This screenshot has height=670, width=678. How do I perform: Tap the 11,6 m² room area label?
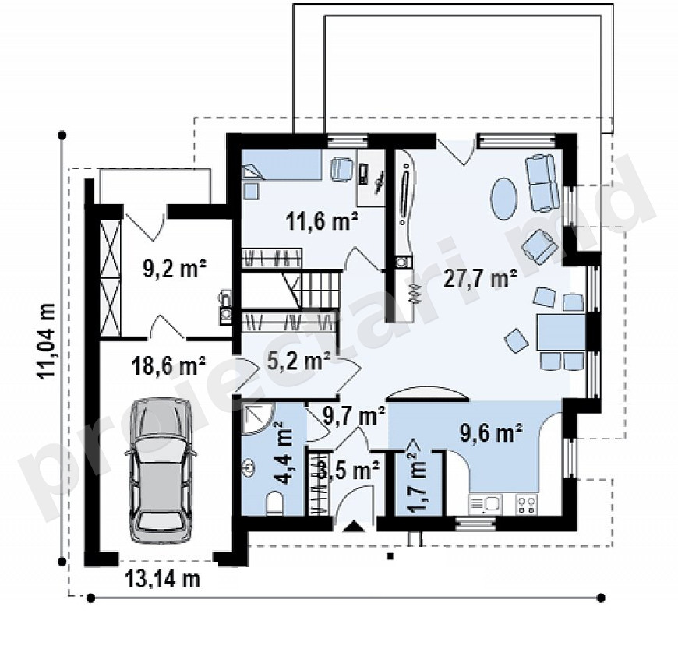click(322, 223)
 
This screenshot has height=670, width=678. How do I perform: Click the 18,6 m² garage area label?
click(168, 365)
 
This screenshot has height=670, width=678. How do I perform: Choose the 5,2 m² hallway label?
click(298, 361)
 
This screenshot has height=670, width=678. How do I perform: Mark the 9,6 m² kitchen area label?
click(491, 433)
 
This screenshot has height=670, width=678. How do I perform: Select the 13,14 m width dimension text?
click(163, 578)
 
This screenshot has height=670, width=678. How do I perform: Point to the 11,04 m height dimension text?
click(47, 341)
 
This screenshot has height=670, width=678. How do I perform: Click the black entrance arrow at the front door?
click(355, 527)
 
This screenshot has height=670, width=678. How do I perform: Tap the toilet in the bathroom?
click(274, 504)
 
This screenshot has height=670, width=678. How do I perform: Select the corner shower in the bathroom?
click(258, 419)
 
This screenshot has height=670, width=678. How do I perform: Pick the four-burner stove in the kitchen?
click(526, 504)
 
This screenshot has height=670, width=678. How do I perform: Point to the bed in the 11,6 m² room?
click(282, 164)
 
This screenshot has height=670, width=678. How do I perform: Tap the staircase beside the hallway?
click(291, 289)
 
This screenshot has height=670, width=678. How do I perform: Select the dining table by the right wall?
click(561, 332)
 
